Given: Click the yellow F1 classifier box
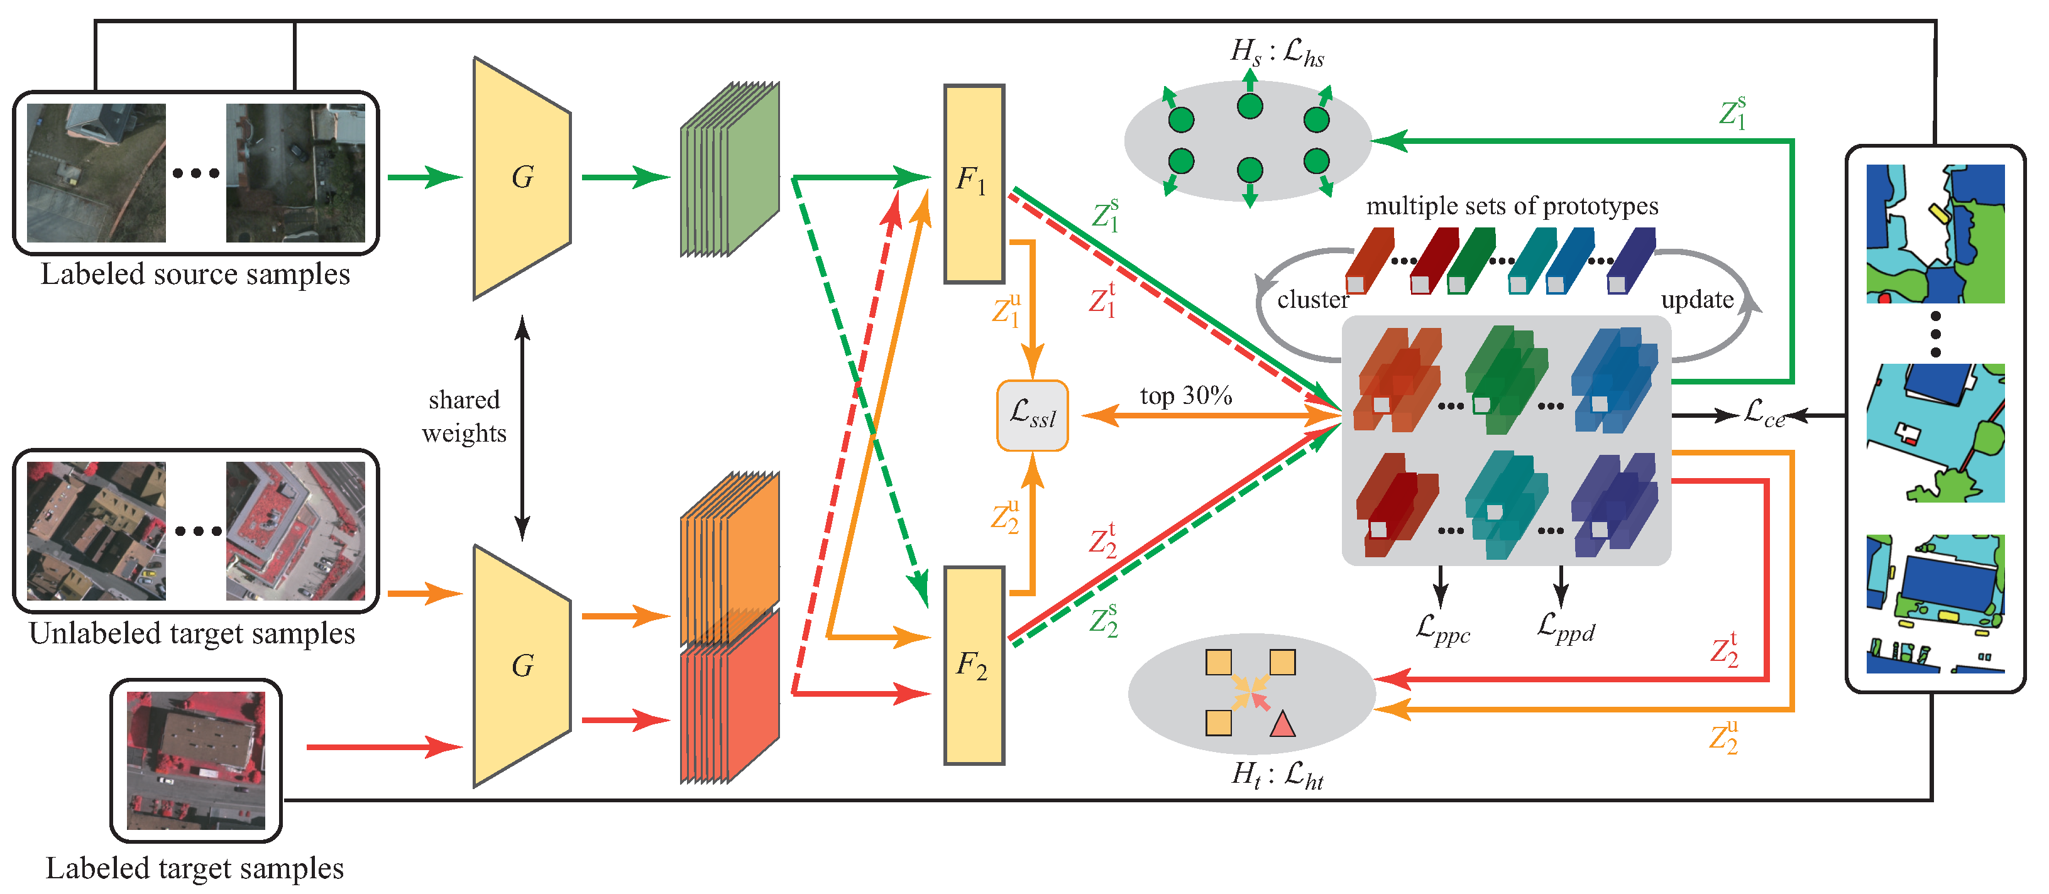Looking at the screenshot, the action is click(974, 183).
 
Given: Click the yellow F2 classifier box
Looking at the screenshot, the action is click(974, 666).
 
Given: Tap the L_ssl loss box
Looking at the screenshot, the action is click(1033, 416).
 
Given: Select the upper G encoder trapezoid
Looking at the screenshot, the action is click(522, 178).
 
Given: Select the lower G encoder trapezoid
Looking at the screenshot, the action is click(522, 667).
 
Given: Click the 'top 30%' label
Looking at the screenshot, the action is click(1186, 396).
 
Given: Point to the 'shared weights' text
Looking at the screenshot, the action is click(464, 416).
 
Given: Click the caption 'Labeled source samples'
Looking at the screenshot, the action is click(195, 274).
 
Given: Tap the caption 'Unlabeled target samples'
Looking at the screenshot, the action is click(192, 633).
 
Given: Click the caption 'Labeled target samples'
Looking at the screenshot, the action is click(195, 868).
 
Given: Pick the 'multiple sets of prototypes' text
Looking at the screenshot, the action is click(1512, 206).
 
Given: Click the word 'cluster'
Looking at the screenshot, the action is click(1313, 300).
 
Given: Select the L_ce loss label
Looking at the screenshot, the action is click(1764, 413).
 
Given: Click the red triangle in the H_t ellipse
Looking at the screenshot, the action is click(1282, 724).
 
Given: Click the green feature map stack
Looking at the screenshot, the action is click(729, 170).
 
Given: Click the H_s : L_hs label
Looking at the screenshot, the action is click(1277, 53).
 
